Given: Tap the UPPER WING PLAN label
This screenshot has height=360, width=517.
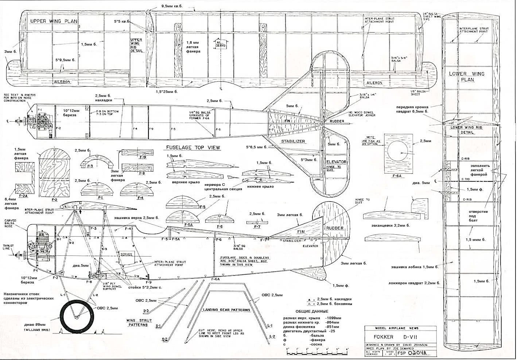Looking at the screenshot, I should [x=54, y=21].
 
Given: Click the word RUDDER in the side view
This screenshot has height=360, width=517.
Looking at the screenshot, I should [x=334, y=228].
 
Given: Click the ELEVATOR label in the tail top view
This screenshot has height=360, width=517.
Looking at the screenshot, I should [x=336, y=162].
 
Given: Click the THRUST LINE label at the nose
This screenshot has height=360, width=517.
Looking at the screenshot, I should [x=8, y=247].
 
